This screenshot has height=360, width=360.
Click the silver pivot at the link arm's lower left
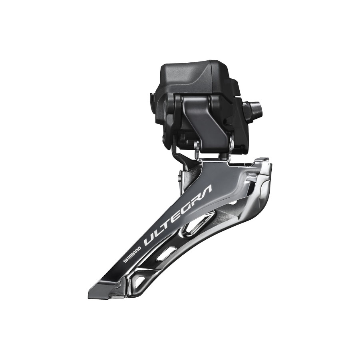[197, 145]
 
